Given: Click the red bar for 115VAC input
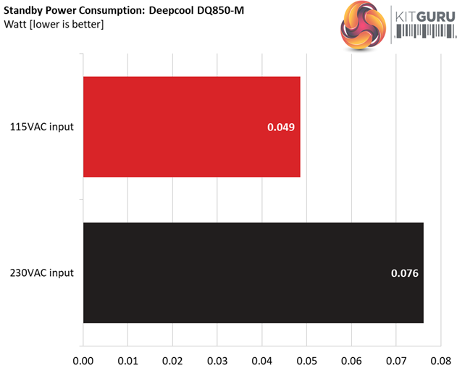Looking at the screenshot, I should (191, 127).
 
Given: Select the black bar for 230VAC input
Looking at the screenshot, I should (253, 273).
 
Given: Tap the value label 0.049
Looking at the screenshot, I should (281, 128).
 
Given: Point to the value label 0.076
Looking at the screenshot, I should (405, 273).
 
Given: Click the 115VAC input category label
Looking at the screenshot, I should (42, 128).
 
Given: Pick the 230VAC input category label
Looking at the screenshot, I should (42, 273).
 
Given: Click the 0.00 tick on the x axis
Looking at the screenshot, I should (83, 359).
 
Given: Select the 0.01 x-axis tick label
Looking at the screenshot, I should (128, 359).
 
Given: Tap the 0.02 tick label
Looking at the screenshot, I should (172, 359).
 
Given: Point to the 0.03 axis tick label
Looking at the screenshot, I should (217, 359).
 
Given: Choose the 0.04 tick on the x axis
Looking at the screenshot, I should (262, 359).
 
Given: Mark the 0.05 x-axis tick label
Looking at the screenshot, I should (306, 359).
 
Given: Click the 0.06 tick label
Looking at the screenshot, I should (351, 359).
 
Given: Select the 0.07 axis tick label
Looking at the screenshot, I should (396, 359).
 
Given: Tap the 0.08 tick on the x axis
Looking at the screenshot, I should (440, 359).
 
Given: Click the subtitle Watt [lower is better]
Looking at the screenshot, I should (54, 25).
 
